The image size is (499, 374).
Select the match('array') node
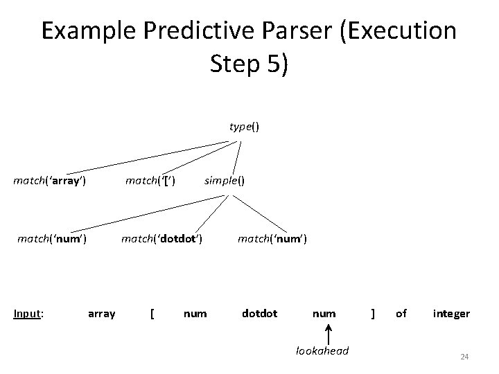point(50,181)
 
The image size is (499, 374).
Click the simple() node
point(223,181)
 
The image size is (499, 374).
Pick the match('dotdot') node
point(161,240)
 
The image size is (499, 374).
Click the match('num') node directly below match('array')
point(51,240)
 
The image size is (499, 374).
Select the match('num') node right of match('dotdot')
point(272,240)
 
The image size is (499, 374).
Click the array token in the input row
point(102,314)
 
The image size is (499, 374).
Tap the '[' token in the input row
point(152,314)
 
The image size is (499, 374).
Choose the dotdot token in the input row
point(259,314)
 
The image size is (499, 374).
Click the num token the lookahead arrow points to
point(324,314)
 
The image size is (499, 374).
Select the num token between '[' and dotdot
point(195,314)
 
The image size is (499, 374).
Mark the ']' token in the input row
point(374,314)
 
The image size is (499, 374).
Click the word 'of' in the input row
point(401,314)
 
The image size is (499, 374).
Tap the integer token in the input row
point(451,314)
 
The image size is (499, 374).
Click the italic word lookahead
point(322,351)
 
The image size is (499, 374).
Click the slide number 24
point(464,357)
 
